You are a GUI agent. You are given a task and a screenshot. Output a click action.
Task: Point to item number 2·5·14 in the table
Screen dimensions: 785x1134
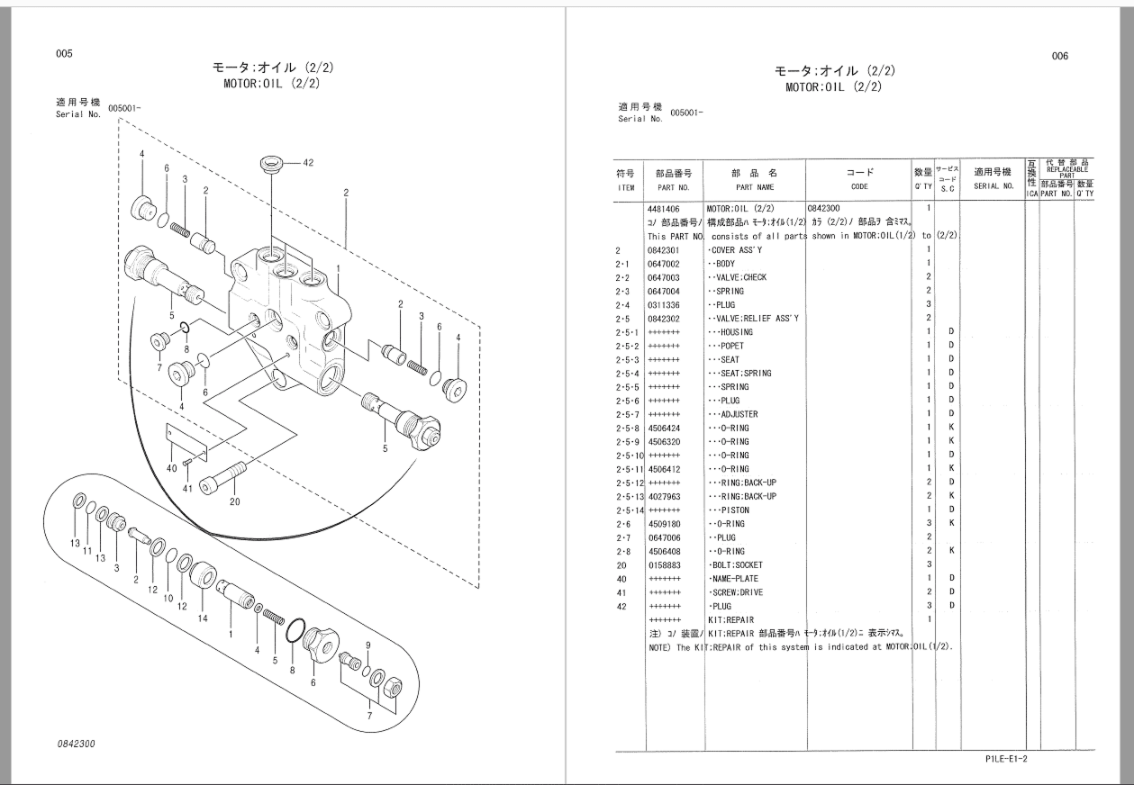tap(629, 510)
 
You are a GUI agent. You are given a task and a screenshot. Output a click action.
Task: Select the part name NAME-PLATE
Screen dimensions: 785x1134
tap(734, 579)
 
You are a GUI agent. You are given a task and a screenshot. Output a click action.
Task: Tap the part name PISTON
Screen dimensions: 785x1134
tap(729, 510)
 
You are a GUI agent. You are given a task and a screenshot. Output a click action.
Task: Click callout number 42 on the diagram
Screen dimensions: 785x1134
tap(308, 163)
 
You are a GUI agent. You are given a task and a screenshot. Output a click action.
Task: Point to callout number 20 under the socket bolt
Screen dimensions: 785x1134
tap(234, 502)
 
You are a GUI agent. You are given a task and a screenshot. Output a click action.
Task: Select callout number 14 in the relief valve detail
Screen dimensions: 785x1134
tap(203, 618)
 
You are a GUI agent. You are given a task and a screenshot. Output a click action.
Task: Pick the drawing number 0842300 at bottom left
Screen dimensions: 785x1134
tap(76, 744)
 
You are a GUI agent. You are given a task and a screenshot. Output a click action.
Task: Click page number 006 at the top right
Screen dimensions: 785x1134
tap(1059, 56)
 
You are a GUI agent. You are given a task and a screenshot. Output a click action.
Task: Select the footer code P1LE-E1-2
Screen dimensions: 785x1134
tap(1006, 759)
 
